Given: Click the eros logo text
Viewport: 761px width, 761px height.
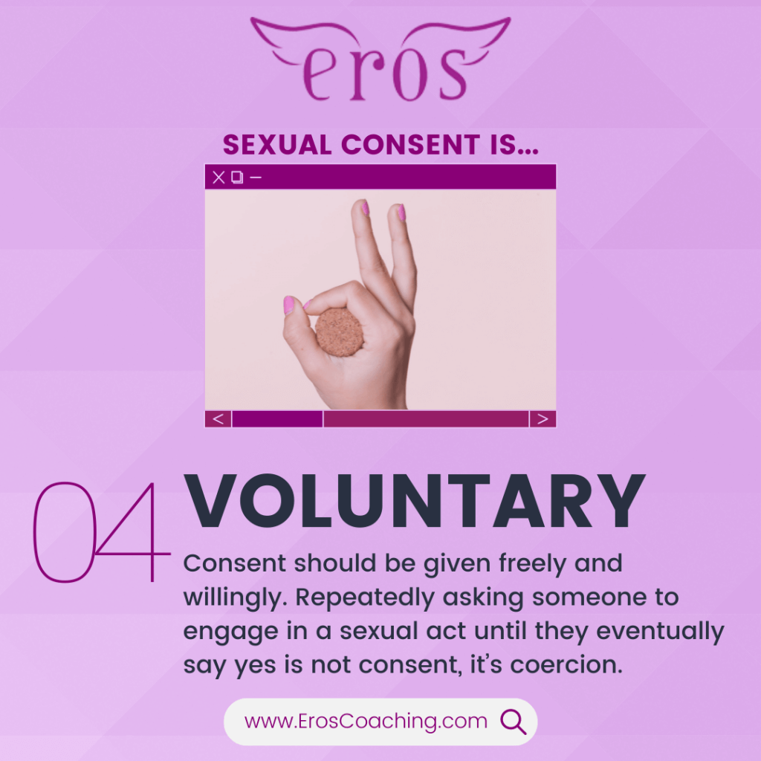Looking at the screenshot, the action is coord(384,73).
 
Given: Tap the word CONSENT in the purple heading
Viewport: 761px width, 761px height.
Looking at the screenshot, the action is coord(411,145).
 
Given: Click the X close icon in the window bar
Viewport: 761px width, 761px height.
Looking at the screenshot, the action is coord(219,177).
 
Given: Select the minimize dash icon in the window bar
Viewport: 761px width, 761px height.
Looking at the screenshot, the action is coord(256,178).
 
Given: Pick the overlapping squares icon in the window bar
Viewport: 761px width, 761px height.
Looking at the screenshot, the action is coord(237,177).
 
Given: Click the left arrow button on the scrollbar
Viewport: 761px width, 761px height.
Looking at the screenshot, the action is coord(218,419).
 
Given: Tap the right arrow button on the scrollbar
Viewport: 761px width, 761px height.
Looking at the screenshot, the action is coord(543,419).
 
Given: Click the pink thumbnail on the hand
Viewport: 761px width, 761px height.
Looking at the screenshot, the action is coord(289,305).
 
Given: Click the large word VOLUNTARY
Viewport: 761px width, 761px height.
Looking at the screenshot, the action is coord(415,501).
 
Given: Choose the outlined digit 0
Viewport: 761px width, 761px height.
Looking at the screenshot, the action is coord(65,532).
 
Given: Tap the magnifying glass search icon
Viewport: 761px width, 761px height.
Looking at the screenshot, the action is coord(513,722).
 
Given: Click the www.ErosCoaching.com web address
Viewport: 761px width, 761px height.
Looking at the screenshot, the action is coord(366,721).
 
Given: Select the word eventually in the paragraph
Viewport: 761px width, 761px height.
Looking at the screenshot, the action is coord(660,632).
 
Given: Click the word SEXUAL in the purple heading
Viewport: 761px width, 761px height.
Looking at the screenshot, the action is coord(277,145).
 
